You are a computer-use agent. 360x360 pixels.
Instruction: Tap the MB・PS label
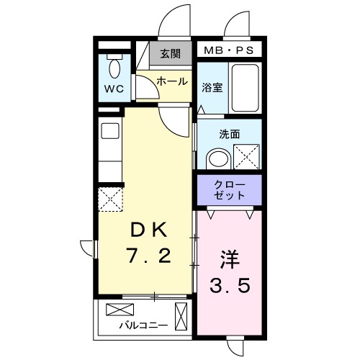(x=230, y=50)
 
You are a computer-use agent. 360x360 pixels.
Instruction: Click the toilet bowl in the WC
(x=114, y=71)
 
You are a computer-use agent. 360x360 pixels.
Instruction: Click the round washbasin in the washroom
(x=216, y=158)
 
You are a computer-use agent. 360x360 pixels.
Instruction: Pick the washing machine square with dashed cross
(x=247, y=155)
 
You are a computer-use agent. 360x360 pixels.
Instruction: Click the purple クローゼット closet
(x=230, y=189)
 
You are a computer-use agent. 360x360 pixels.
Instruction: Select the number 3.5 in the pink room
(x=230, y=286)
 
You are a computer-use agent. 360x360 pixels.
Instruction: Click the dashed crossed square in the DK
(x=110, y=197)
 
